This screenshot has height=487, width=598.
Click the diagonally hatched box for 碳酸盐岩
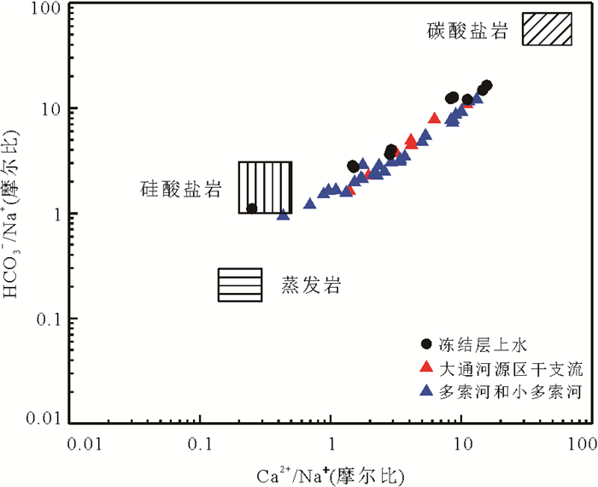click(x=548, y=29)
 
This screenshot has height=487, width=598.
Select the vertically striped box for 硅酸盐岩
click(x=265, y=187)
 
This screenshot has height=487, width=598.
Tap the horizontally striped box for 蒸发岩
click(x=239, y=285)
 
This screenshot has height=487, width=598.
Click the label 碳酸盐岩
click(x=468, y=32)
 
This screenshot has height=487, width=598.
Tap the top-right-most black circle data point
click(x=487, y=85)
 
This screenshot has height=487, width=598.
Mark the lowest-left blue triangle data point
click(x=284, y=214)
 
